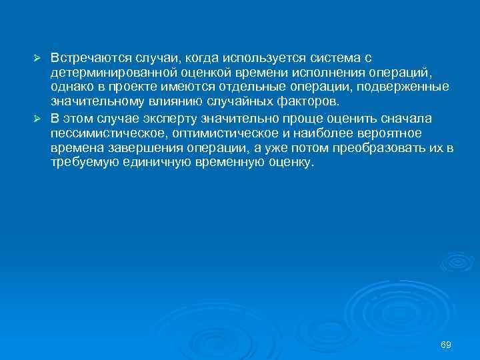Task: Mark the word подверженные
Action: (x=412, y=87)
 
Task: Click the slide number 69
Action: (x=446, y=344)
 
